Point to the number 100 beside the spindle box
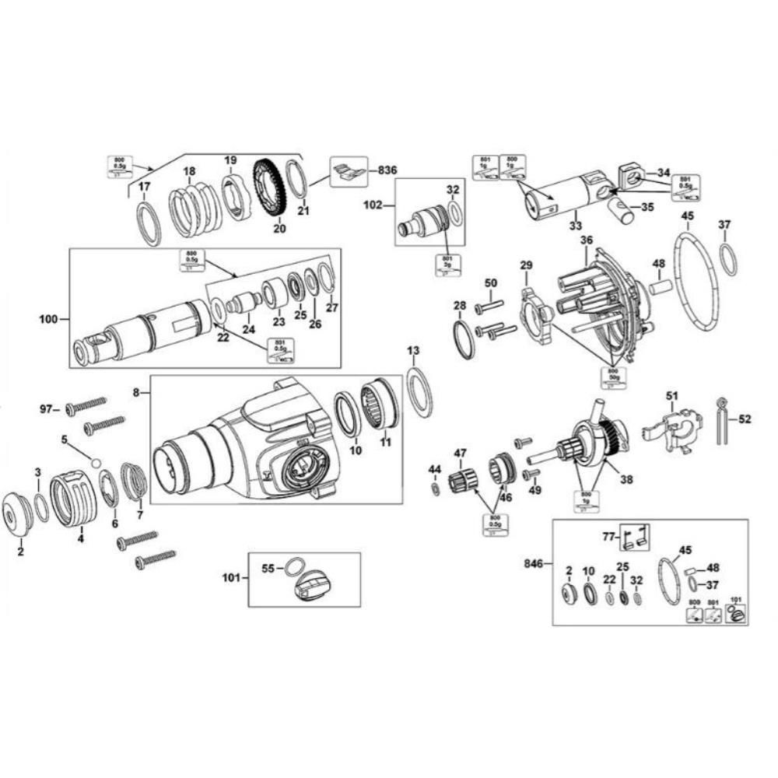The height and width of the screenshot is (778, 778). (48, 318)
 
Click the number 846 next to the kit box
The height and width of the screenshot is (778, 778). (534, 562)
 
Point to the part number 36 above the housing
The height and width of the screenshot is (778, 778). (586, 240)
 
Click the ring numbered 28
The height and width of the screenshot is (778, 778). (463, 340)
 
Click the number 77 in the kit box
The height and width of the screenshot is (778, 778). (608, 536)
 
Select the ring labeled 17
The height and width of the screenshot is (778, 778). (149, 223)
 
